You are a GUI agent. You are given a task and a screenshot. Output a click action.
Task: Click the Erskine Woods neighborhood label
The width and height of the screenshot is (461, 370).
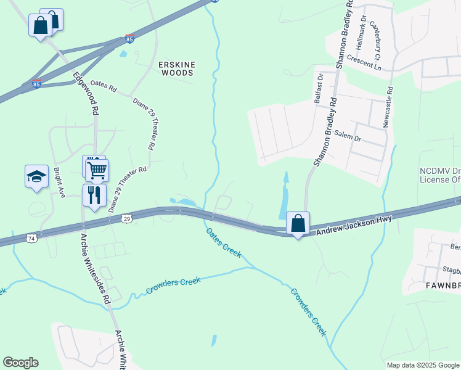coord(176,68)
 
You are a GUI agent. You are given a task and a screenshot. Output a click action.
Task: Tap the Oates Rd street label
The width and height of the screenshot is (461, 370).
coord(103,86)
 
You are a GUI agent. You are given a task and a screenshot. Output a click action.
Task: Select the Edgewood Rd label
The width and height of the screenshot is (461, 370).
coord(86,94)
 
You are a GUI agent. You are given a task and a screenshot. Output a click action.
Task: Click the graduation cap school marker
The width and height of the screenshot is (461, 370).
coord(36,176)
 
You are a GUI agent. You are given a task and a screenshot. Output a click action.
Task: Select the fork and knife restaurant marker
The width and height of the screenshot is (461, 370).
coord(94,195)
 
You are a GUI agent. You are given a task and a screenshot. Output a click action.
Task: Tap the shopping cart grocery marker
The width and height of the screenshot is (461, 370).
coord(97,170)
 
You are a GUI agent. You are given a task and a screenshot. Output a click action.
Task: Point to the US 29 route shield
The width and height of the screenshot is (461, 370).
coord(126,218)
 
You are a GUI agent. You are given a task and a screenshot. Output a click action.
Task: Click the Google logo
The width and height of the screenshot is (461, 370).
coord(20,363)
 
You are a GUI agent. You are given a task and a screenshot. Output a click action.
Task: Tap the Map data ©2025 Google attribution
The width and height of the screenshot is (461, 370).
coord(422,365)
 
